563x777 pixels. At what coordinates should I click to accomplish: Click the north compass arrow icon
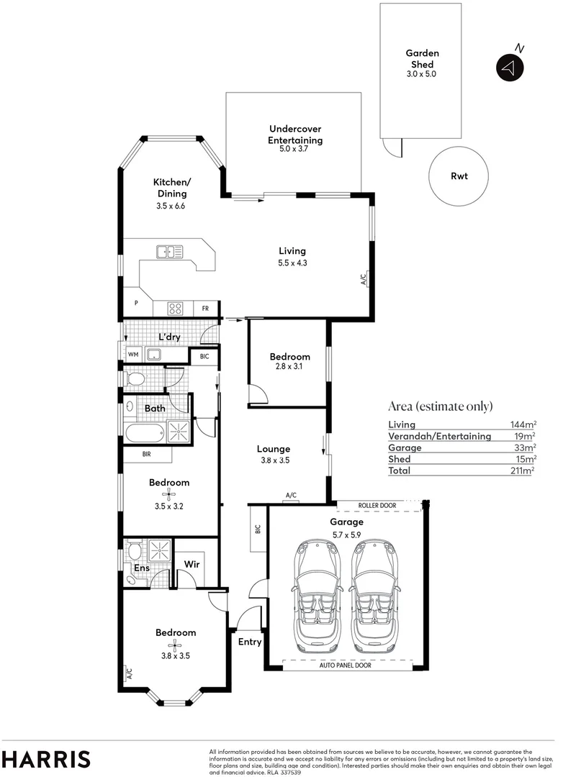509,68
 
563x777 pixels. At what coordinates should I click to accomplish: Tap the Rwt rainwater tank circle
459,176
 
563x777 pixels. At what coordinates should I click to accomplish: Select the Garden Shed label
422,58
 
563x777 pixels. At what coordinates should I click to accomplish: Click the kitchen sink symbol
170,251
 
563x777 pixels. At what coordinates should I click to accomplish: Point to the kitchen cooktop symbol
175,308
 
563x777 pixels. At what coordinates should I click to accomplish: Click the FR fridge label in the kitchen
205,309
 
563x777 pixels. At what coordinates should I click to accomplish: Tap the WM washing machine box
133,354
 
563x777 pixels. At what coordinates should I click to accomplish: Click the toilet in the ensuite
133,552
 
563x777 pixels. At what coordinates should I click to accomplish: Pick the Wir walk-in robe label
192,565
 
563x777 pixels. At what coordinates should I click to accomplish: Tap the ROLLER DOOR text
377,506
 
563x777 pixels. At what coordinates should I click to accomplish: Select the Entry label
249,642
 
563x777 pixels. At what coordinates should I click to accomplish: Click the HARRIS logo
46,759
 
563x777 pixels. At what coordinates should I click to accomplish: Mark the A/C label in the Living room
364,278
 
